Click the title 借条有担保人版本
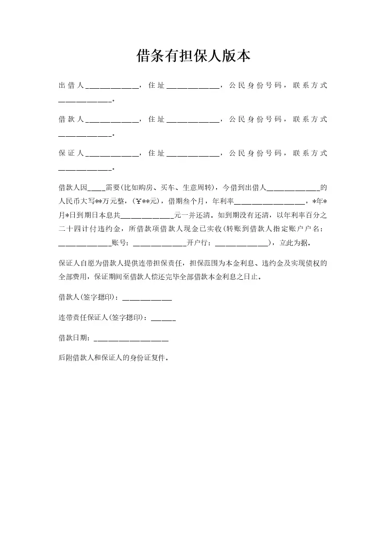(193, 57)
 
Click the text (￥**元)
(147, 201)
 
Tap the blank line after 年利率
(269, 203)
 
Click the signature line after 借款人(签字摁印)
(147, 299)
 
